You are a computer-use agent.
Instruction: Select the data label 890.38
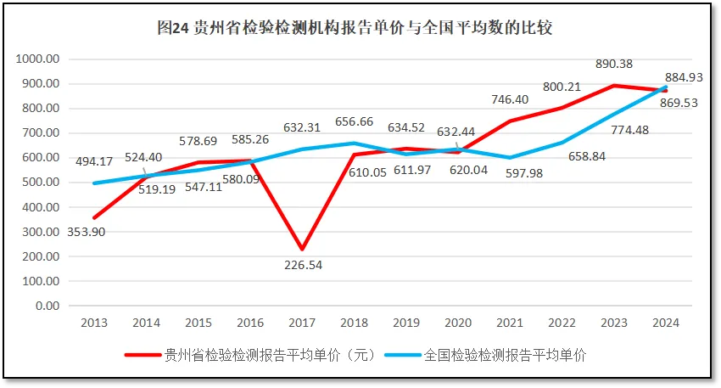[x=613, y=65]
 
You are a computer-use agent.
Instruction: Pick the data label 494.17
[x=94, y=162]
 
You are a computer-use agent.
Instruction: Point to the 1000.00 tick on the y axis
[x=36, y=59]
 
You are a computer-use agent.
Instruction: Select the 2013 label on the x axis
[x=93, y=323]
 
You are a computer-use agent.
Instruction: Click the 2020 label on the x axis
[x=458, y=323]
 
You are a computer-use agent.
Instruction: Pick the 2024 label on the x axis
[x=666, y=323]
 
